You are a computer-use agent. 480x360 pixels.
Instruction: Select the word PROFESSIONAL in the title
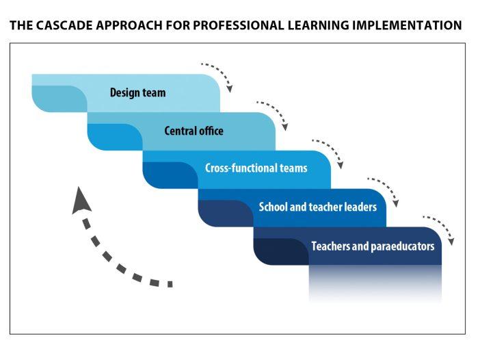pyautogui.click(x=237, y=26)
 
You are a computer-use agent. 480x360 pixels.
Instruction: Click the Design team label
pyautogui.click(x=137, y=92)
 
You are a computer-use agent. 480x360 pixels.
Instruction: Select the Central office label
pyautogui.click(x=194, y=131)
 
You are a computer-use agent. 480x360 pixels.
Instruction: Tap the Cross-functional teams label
pyautogui.click(x=256, y=168)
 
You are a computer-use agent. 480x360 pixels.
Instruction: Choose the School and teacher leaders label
pyautogui.click(x=317, y=207)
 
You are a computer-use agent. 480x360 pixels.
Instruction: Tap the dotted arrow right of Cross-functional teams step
pyautogui.click(x=330, y=153)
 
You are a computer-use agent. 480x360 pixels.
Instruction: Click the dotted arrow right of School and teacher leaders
pyautogui.click(x=385, y=191)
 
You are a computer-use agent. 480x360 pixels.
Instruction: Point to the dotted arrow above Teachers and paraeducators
pyautogui.click(x=440, y=229)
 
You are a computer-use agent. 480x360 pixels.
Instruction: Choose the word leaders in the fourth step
pyautogui.click(x=358, y=207)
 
